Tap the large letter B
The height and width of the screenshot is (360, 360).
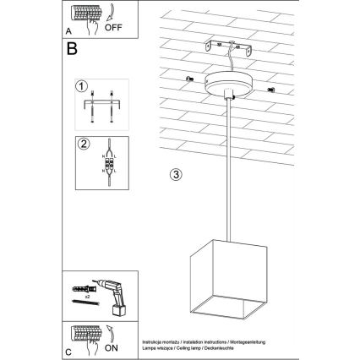pyautogui.click(x=73, y=48)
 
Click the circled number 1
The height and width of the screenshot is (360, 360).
pyautogui.click(x=81, y=85)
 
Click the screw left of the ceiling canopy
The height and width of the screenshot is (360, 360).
pyautogui.click(x=183, y=79)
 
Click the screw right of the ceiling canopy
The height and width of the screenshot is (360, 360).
pyautogui.click(x=269, y=89)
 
